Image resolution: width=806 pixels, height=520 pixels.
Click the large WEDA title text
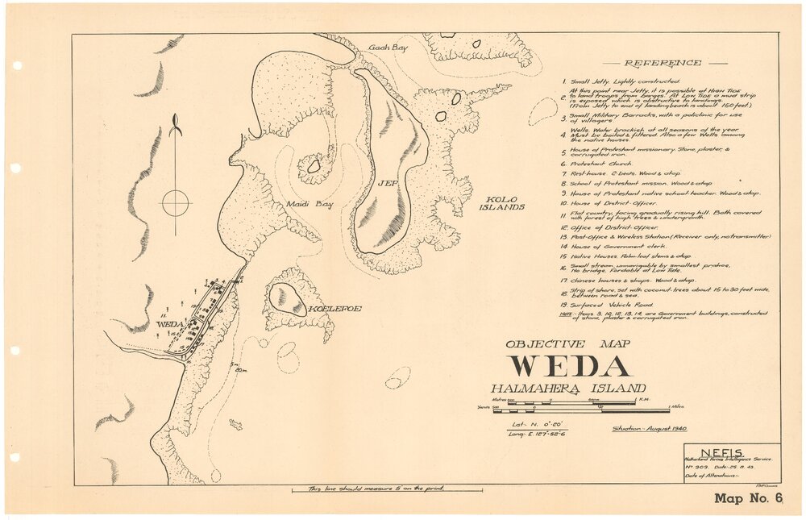coord(568,366)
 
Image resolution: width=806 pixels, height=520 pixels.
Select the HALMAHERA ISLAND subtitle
coord(568,389)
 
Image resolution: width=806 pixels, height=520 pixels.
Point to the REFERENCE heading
coord(663,63)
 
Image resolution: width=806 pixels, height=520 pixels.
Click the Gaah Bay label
coord(388,48)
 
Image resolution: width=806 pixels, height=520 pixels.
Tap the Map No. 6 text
coord(749,497)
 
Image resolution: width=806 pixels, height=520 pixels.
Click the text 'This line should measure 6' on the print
coord(387,488)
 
